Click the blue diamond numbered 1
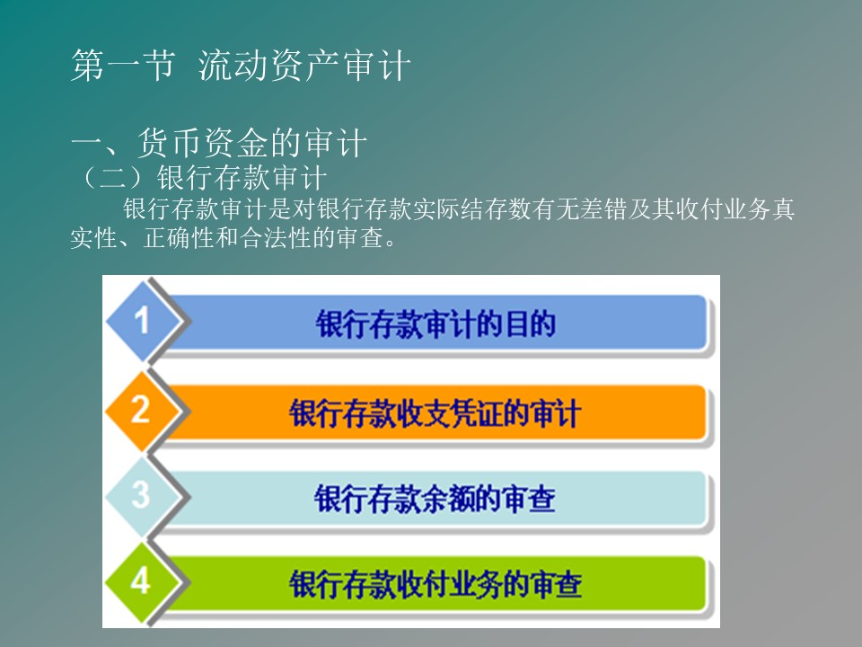(143, 322)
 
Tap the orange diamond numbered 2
(143, 411)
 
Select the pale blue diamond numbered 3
(143, 497)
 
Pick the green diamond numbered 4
(143, 582)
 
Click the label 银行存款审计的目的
(435, 323)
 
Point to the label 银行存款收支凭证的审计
(435, 413)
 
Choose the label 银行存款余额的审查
(435, 499)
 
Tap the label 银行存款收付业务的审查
(435, 584)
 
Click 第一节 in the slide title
(124, 66)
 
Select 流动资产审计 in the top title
(304, 66)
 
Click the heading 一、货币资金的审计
(219, 142)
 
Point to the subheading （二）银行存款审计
(203, 178)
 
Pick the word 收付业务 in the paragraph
(724, 209)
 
